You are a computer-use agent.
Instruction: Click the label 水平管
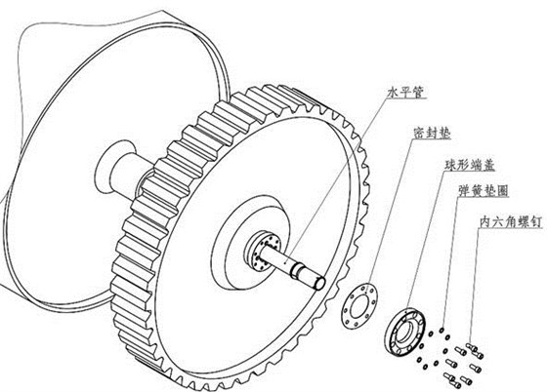pos(406,92)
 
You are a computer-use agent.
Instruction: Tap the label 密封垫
pos(432,133)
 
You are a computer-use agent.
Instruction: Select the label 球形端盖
pos(470,165)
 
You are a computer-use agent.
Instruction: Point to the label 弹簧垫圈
pos(484,191)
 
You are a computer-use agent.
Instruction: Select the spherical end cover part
pos(406,332)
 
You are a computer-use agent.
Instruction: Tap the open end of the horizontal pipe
pos(320,283)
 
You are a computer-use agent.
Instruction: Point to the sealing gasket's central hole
pos(359,306)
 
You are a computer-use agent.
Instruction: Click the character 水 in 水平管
pos(394,92)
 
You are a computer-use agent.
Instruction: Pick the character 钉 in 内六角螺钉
pos(536,221)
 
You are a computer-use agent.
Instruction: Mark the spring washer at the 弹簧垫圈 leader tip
pos(442,330)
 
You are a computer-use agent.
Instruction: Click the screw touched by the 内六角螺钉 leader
pos(472,347)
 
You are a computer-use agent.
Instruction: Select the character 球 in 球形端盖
pos(450,165)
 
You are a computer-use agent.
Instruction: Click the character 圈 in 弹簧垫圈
pos(502,191)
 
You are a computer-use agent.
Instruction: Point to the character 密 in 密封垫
pos(419,133)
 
